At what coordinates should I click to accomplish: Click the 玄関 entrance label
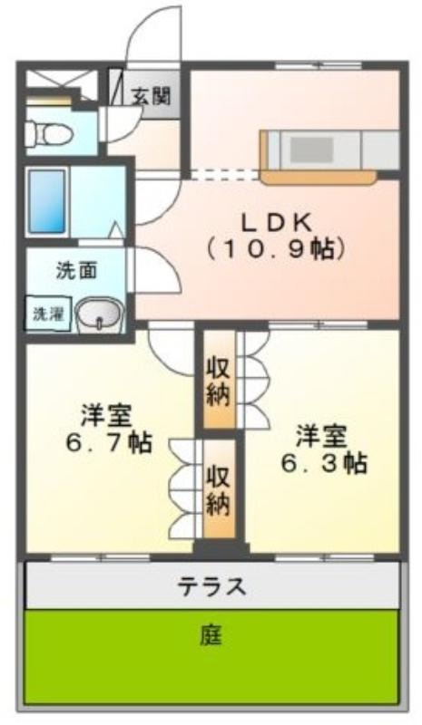pos(151,96)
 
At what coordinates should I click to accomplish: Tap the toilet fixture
pos(49,134)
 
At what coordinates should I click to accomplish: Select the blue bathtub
pos(47,201)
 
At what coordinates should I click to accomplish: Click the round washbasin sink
pos(99,314)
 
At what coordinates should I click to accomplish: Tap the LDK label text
pos(277,223)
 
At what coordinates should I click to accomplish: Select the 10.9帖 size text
pos(276,250)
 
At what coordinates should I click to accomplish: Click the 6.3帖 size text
pos(324,462)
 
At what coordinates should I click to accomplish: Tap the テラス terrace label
pos(211,586)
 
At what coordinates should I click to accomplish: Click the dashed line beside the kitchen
pos(226,175)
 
